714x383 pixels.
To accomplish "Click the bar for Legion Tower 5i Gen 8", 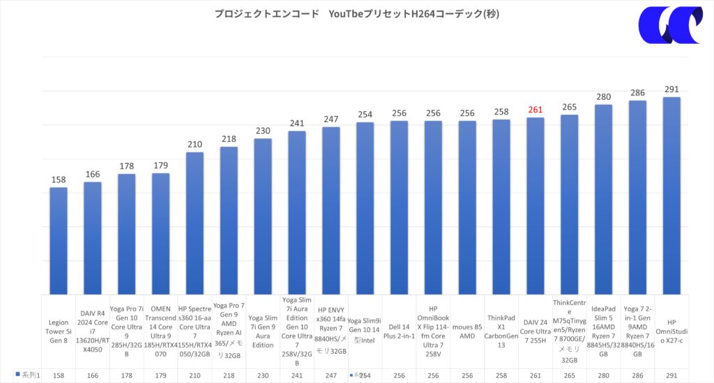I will [x=59, y=240].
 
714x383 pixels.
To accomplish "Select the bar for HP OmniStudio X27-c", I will [x=671, y=195].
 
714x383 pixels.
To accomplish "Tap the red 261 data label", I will [x=535, y=109].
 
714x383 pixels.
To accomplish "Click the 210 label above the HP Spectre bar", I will [x=195, y=144].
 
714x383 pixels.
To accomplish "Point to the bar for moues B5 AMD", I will [x=467, y=207].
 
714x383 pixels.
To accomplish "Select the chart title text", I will [x=357, y=14].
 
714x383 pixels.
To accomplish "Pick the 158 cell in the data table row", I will [x=59, y=375].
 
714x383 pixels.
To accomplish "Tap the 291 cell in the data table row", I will [x=671, y=375].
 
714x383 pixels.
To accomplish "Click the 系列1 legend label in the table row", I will [x=28, y=375].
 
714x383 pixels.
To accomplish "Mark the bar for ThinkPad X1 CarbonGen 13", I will [x=501, y=206].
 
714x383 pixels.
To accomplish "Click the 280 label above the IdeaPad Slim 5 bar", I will [x=603, y=97].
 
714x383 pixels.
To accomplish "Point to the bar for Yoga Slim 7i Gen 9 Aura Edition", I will [x=263, y=216].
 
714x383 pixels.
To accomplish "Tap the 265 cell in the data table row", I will [x=570, y=375].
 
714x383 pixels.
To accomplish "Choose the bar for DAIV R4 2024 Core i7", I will [x=93, y=237].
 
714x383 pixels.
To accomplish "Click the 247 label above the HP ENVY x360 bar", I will [x=331, y=119].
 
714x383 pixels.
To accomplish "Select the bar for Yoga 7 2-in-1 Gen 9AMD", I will [x=637, y=197].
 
